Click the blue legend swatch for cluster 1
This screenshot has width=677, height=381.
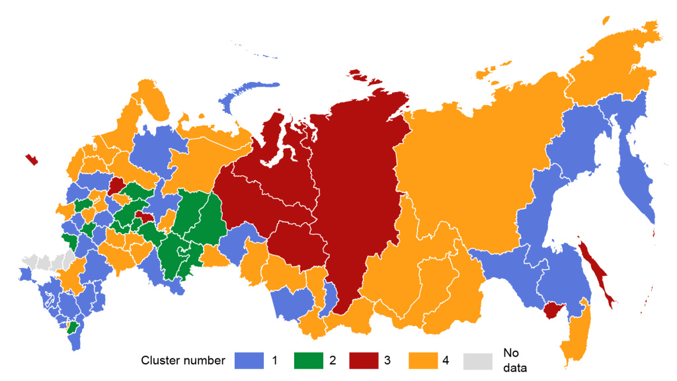(x=248, y=360)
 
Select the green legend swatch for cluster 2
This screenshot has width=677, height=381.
(x=305, y=360)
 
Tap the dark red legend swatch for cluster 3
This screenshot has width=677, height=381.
(x=363, y=360)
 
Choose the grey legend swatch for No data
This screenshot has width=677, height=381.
(x=478, y=360)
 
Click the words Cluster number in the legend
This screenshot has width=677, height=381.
(x=183, y=360)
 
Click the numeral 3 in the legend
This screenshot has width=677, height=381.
(x=387, y=360)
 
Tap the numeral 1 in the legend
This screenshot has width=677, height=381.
(x=273, y=360)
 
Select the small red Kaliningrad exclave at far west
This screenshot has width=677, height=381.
(x=31, y=159)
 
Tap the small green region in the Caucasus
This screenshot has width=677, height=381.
(x=71, y=327)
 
